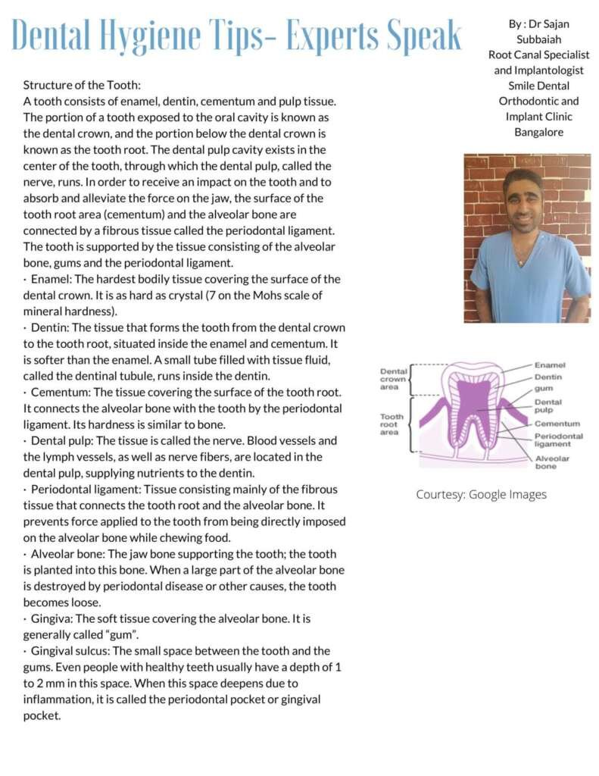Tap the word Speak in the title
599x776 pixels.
pos(421,35)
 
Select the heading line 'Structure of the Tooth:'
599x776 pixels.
pos(83,85)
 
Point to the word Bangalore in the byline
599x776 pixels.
pos(538,133)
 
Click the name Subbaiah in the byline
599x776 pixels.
pos(538,39)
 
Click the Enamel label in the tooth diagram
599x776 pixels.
pos(550,365)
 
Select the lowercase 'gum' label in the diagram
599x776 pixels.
pos(544,389)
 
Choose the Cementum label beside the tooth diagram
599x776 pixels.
pos(557,424)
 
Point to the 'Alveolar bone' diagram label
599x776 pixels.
pos(552,462)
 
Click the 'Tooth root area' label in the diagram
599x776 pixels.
pos(392,424)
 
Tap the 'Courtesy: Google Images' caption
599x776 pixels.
pos(481,494)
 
